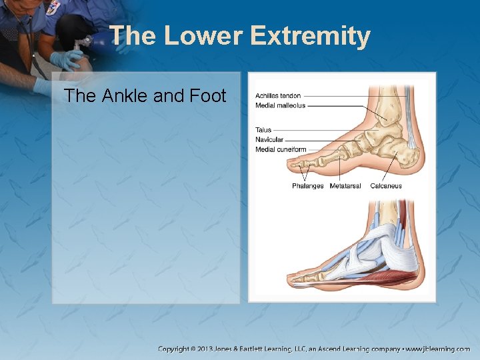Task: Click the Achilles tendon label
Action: (x=278, y=96)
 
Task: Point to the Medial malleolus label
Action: (x=280, y=105)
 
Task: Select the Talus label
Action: (x=263, y=130)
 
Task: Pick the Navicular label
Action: (x=269, y=139)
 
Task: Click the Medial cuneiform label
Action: (x=281, y=149)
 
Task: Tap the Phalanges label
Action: (x=307, y=186)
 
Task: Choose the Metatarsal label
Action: (x=345, y=186)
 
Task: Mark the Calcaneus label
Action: (x=386, y=186)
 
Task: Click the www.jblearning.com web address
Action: (x=438, y=349)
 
